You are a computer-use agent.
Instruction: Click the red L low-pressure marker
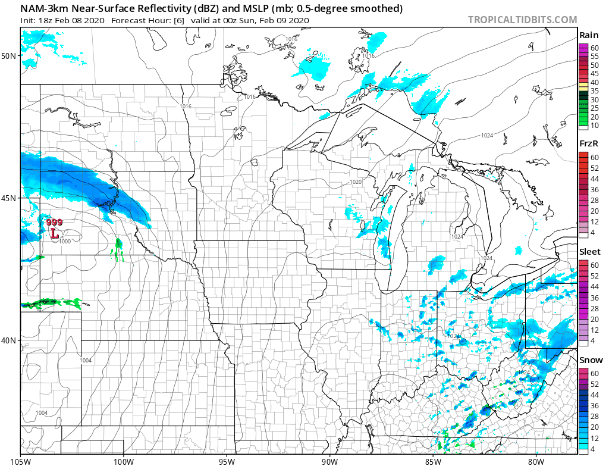54,234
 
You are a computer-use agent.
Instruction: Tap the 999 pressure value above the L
54,222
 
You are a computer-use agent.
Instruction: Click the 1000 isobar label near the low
64,241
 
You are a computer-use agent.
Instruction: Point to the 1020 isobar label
356,182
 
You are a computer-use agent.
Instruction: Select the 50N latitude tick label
10,56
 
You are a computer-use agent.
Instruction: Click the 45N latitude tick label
10,198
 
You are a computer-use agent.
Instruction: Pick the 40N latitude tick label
10,340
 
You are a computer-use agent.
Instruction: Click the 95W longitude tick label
226,460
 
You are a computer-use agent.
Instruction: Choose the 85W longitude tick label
432,460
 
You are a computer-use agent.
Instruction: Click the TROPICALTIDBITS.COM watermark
522,20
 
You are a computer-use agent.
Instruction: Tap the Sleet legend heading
590,252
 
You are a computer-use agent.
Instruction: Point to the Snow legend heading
591,360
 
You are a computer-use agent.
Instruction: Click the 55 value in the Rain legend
594,56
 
